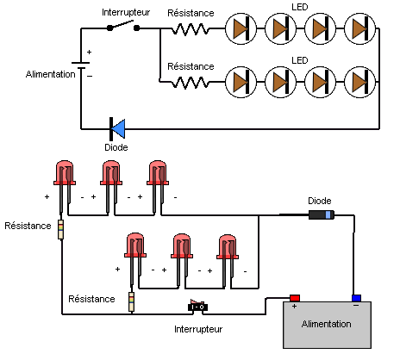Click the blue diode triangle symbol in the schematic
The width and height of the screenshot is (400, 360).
pos(118,128)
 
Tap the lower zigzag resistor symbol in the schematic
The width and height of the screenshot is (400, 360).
pos(191,82)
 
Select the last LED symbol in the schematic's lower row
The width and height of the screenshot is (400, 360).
pos(359,82)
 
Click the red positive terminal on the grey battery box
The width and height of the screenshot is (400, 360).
pos(294,298)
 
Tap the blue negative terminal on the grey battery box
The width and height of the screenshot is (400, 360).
pos(355,298)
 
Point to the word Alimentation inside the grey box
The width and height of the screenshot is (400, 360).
pos(325,324)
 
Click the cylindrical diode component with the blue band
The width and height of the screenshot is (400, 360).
pos(322,215)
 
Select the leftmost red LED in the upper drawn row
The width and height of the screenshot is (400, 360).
pos(66,173)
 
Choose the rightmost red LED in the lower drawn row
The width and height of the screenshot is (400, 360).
pos(227,247)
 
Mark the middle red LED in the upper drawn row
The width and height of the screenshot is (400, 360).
pos(111,173)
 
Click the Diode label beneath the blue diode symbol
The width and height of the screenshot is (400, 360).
pos(116,147)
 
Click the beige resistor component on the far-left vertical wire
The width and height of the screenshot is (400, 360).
pos(60,230)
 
